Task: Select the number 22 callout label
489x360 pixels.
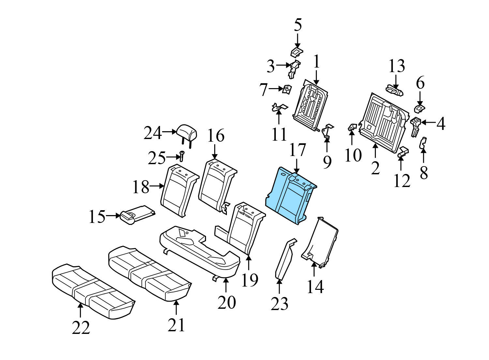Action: coord(81,328)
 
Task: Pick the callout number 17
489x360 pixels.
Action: coord(297,150)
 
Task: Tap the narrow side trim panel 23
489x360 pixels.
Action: coord(284,259)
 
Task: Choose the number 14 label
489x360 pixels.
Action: coord(315,287)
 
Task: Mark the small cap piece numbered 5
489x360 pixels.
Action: coord(297,51)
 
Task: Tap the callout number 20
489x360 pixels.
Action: coord(227,302)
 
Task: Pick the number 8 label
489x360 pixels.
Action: coord(423,172)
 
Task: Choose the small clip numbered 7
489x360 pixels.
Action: coord(287,89)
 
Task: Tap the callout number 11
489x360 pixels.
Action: coord(279,134)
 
